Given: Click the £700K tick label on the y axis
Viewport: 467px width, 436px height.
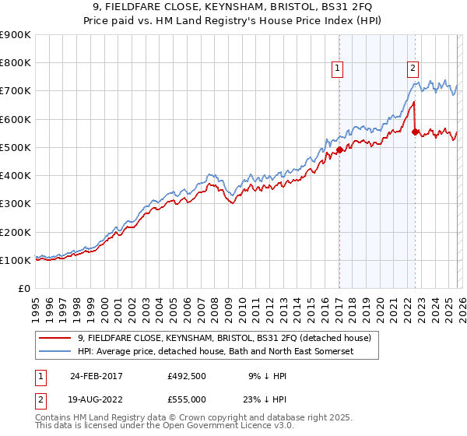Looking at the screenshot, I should point(16,91).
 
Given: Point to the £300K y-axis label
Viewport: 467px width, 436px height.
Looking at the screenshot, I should point(16,204).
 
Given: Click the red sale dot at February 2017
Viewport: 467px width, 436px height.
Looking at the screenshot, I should point(339,149).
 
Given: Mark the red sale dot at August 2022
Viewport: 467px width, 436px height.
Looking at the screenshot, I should point(415,132).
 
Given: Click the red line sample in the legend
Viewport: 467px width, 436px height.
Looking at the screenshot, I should point(56,338).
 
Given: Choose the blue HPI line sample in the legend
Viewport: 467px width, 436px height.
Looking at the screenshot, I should point(56,352).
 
